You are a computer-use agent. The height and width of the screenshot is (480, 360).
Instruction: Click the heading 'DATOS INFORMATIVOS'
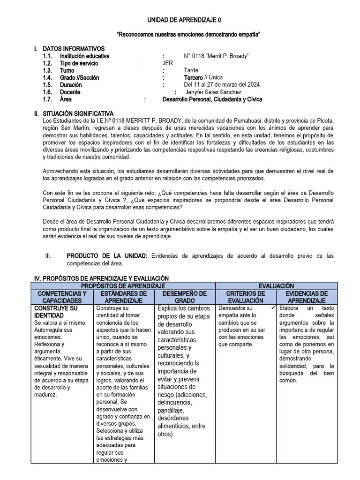(x=74, y=49)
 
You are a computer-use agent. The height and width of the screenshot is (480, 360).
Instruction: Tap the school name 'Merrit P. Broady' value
(x=216, y=56)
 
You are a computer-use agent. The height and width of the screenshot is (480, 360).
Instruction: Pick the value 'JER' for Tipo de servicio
(x=167, y=63)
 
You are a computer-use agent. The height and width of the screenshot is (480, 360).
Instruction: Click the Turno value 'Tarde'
(x=191, y=70)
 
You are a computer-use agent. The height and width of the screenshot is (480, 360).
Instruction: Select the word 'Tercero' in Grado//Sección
(x=193, y=77)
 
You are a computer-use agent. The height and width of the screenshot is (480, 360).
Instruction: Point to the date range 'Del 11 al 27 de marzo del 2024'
(x=222, y=85)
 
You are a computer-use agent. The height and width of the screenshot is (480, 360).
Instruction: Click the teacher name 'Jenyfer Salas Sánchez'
(x=210, y=92)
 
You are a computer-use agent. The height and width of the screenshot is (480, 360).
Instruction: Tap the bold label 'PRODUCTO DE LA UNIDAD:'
(x=107, y=255)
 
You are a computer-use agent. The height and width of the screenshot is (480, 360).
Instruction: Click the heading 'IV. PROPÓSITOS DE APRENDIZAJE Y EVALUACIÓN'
(x=99, y=278)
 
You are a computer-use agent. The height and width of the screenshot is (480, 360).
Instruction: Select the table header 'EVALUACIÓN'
(x=276, y=285)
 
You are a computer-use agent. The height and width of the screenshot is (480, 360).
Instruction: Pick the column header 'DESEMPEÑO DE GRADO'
(x=185, y=297)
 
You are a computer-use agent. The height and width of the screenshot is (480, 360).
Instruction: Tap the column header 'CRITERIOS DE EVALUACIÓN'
(x=246, y=297)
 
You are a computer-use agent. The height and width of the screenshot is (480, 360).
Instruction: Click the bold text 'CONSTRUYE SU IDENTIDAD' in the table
(x=56, y=312)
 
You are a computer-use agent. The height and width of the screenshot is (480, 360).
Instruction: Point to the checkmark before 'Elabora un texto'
(x=272, y=307)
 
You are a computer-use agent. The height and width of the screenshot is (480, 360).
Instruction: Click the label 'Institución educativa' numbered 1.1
(x=84, y=56)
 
